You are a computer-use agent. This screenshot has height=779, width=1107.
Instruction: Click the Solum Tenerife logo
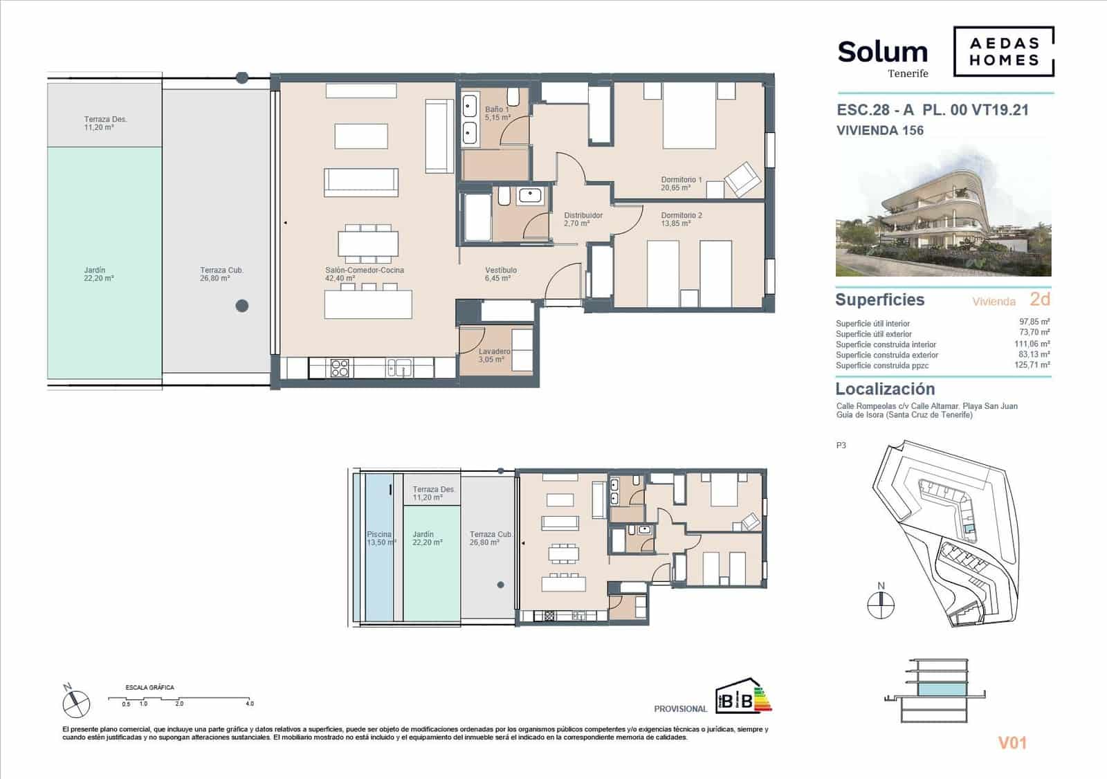point(882,57)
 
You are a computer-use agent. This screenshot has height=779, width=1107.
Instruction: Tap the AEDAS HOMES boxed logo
point(1004,51)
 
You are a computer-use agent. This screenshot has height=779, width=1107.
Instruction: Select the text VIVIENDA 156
point(879,130)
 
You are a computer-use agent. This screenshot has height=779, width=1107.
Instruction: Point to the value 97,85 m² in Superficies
point(1034,322)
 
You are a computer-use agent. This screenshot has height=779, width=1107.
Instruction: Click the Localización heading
point(885,389)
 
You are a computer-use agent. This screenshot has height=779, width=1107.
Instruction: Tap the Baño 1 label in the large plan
point(497,113)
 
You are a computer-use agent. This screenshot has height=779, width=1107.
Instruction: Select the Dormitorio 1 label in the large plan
point(681,183)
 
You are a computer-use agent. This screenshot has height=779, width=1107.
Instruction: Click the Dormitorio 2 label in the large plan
point(681,219)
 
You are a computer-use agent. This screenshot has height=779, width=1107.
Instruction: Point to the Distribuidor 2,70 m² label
point(583,219)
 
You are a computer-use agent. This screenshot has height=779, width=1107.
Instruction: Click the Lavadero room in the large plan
point(494,355)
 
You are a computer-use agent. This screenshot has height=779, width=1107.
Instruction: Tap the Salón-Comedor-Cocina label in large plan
point(364,274)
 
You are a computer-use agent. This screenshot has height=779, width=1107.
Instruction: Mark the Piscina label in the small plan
point(380,538)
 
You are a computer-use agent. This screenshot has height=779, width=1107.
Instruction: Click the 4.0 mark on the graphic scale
point(249,704)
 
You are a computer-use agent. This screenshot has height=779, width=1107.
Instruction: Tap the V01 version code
point(1012,743)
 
